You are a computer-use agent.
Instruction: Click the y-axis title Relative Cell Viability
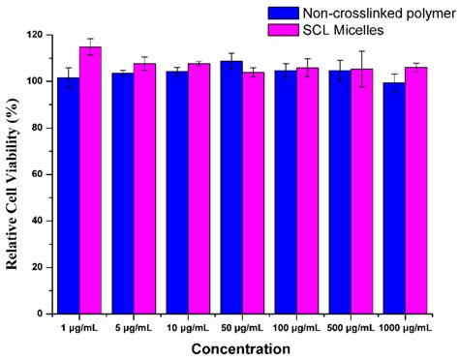pyautogui.click(x=14, y=174)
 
